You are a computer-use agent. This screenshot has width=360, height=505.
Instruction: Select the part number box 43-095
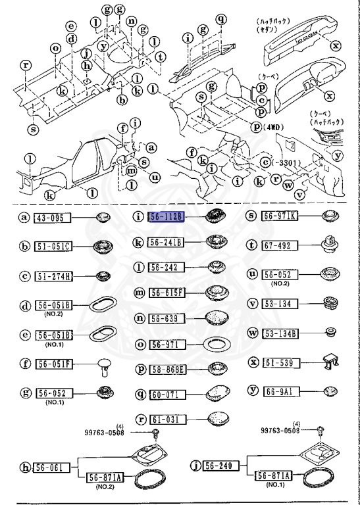(x=51, y=218)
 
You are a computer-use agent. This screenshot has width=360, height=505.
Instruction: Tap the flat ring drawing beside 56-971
(x=215, y=345)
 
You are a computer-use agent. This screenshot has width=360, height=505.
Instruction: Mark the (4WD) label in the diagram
(x=270, y=128)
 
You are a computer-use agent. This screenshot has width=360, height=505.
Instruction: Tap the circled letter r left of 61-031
(x=140, y=418)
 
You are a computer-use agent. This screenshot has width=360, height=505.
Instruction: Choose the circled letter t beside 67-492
(x=251, y=245)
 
